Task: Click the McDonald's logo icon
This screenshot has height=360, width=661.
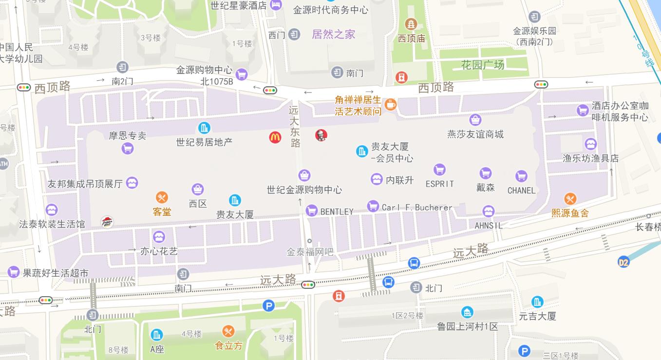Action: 275,137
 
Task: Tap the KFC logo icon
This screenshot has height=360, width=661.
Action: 321,135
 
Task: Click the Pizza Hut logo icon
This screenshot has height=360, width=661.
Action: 107,222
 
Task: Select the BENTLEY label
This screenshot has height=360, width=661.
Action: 337,211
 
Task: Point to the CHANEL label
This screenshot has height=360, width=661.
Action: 521,190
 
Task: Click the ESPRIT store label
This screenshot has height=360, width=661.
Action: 439,184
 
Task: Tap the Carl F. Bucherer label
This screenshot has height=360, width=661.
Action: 417,208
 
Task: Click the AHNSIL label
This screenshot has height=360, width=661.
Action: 489,226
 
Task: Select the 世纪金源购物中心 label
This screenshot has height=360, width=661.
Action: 304,189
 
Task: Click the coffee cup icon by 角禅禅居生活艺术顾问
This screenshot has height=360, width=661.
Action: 390,104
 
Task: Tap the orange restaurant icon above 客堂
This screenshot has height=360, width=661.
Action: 162,197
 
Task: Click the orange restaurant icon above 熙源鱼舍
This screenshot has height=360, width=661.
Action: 570,199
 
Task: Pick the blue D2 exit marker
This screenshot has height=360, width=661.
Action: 623,262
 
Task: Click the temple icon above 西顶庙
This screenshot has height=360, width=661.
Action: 412,24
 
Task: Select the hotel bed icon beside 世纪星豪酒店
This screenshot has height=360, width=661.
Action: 276,5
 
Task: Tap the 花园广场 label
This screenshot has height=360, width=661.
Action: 482,64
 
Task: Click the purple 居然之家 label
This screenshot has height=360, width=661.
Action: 334,34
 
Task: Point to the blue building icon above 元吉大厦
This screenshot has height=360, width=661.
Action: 537,302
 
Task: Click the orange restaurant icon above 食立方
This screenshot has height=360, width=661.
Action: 228,332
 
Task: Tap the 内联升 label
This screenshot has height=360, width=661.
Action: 399,180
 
